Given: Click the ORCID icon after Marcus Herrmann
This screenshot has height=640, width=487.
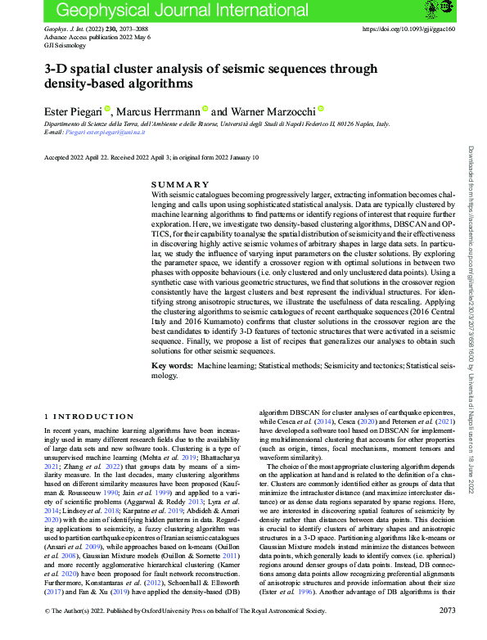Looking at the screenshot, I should (x=205, y=109).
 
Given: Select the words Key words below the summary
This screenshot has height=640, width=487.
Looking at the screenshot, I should (x=172, y=365).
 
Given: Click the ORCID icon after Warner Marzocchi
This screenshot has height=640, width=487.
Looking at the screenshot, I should (x=322, y=109).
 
